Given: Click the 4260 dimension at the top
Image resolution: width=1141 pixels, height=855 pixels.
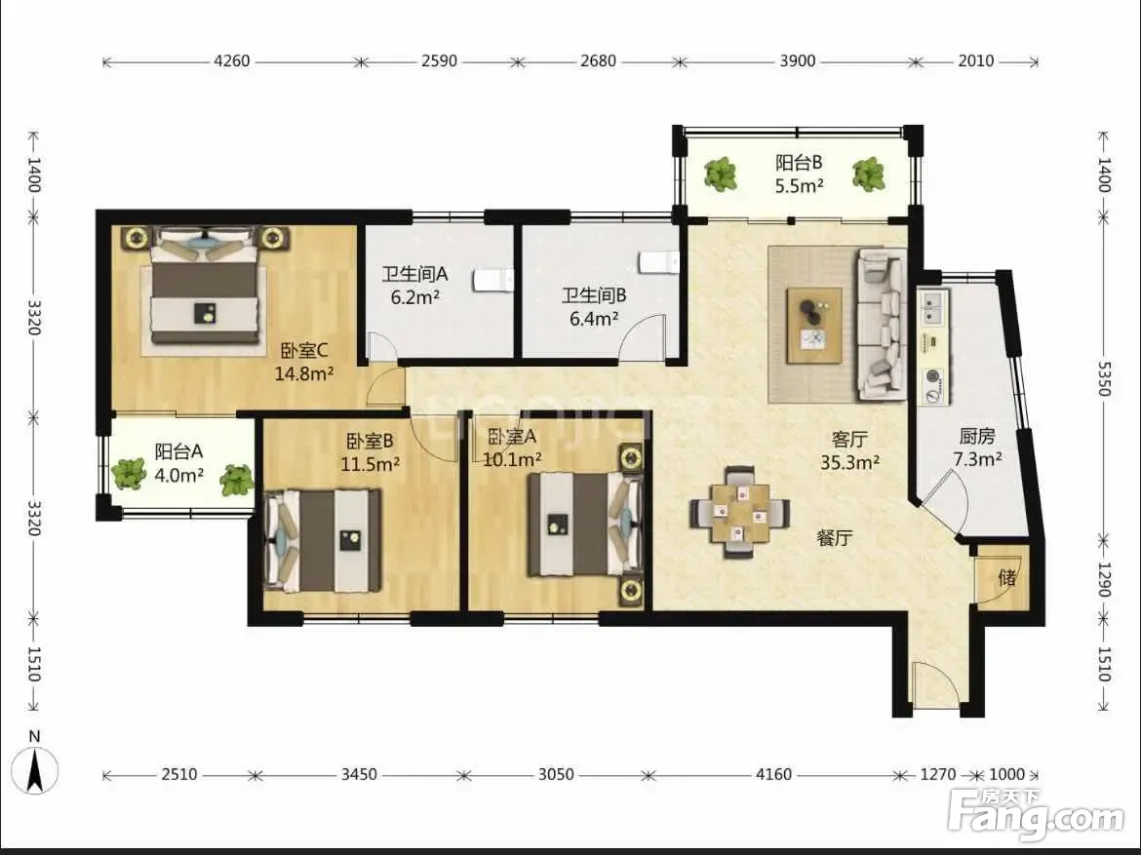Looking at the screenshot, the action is pyautogui.click(x=231, y=61).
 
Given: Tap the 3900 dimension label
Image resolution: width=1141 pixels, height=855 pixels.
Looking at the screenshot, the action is pyautogui.click(x=798, y=61).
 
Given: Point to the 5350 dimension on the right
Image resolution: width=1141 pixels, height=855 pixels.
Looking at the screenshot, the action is pyautogui.click(x=1104, y=378).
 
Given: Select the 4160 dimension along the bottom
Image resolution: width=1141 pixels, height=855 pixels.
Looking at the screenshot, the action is pyautogui.click(x=773, y=774).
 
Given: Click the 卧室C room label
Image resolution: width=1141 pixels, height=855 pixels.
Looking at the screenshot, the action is pyautogui.click(x=304, y=351).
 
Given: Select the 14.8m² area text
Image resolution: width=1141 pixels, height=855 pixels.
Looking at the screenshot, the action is pyautogui.click(x=304, y=374).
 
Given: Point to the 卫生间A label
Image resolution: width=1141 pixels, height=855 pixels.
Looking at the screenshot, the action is pyautogui.click(x=414, y=274).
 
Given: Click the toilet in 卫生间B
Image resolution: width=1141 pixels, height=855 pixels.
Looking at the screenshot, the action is pyautogui.click(x=659, y=262).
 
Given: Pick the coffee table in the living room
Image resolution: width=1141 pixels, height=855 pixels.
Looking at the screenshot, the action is pyautogui.click(x=815, y=325).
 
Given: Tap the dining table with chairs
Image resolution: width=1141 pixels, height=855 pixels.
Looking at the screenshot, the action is pyautogui.click(x=740, y=512).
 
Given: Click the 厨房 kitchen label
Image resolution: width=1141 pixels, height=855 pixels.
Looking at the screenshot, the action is pyautogui.click(x=977, y=436).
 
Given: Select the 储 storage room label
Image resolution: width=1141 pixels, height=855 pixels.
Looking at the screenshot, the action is pyautogui.click(x=1007, y=578).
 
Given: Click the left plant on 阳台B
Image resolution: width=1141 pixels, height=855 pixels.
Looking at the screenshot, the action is pyautogui.click(x=721, y=175).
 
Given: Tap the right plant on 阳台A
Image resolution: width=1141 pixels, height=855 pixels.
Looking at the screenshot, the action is pyautogui.click(x=237, y=481).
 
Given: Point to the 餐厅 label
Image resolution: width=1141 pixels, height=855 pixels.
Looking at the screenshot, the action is pyautogui.click(x=834, y=538).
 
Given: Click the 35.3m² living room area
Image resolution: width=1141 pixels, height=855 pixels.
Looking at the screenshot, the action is pyautogui.click(x=850, y=462).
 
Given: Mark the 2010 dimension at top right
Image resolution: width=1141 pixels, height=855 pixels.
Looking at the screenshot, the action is pyautogui.click(x=976, y=61).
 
